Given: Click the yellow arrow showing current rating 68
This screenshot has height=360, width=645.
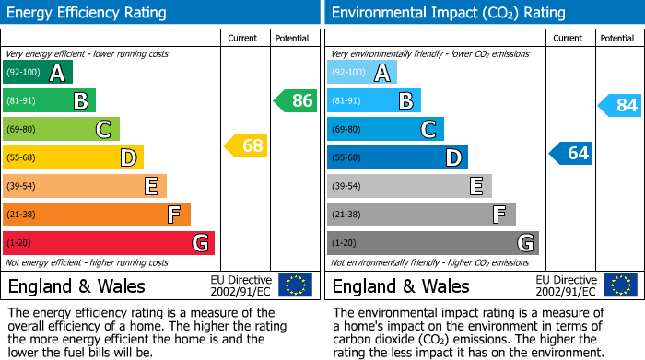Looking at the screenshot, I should tap(245, 145).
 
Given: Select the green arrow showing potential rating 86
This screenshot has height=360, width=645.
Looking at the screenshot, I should tap(295, 100).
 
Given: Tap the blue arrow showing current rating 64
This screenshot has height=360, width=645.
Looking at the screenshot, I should tap(570, 153).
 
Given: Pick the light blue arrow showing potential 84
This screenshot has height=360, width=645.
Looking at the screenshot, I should tap(619, 105).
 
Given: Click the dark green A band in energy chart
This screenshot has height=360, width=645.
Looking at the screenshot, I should tap(38, 73).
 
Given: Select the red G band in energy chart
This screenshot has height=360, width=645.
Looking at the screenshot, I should tap(109, 243).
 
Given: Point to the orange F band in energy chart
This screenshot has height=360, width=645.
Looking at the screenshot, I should tap(97, 215).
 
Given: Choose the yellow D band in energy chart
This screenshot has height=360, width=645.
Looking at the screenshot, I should tap(73, 157).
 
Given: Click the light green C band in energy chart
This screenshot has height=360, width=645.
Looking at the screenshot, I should tap(61, 129).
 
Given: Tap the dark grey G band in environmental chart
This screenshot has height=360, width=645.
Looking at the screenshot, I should tap(432, 243).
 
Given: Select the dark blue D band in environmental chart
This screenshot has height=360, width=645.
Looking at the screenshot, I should tap(397, 157).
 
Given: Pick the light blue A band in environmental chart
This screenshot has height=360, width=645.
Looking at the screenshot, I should tap(362, 73).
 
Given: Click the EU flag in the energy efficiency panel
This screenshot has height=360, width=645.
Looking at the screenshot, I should tap(295, 285).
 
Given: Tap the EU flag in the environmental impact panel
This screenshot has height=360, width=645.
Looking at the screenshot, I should tap(619, 285).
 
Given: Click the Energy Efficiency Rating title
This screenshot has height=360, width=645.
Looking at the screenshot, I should tap(88, 13).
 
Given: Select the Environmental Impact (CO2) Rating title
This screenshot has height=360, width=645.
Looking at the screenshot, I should tap(447, 13).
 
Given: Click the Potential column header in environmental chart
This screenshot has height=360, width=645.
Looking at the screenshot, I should tap(617, 38).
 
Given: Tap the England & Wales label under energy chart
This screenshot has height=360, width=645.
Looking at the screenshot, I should tap(76, 285).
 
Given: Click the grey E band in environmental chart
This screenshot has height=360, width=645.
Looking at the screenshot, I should tap(409, 186).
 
